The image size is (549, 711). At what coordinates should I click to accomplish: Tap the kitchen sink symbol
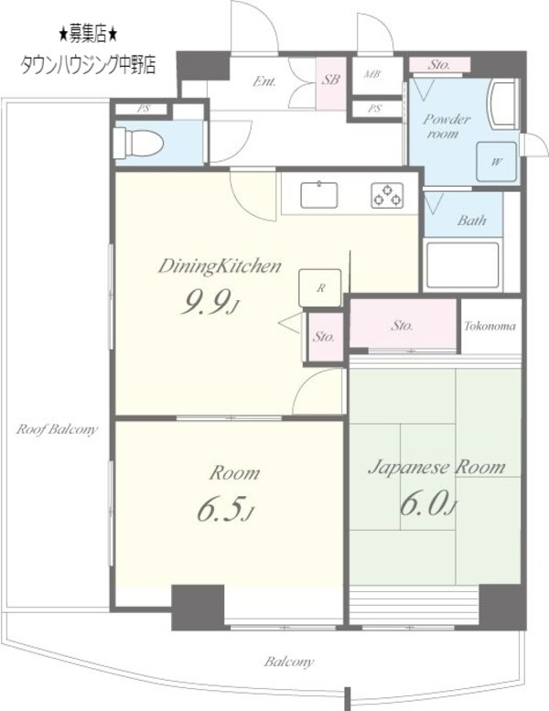pos(319,195)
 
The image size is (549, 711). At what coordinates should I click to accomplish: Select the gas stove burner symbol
pos(387,195)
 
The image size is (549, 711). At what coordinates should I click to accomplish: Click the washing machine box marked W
pos(497,162)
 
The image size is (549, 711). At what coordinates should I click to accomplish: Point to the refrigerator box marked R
pos(320,288)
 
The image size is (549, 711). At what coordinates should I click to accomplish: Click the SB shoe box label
pos(331,80)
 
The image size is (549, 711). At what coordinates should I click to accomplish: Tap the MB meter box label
pos(371,74)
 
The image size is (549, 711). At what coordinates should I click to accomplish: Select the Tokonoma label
pos(490,326)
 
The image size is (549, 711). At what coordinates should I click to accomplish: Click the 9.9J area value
pos(209,303)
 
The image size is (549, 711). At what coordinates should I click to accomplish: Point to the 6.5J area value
pos(225,509)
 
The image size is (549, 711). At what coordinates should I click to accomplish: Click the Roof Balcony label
pos(57,429)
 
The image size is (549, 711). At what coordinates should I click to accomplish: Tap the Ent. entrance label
pos(264,81)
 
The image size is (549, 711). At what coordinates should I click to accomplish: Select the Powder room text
pos(447,126)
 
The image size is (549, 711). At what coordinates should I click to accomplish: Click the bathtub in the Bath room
pos(462,265)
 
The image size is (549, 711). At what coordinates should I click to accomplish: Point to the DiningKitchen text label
pos(220,266)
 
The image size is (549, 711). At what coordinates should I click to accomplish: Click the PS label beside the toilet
pos(144,109)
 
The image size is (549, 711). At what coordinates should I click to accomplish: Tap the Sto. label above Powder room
pos(439,65)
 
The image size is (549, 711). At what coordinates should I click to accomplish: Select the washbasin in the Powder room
pos(501,103)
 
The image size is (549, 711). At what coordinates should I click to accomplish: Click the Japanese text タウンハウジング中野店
pos(88,65)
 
